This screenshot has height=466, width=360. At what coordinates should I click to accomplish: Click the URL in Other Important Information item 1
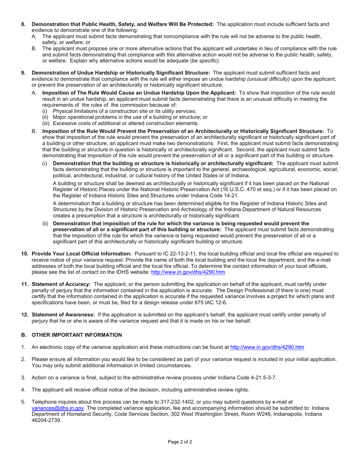pos(267,347)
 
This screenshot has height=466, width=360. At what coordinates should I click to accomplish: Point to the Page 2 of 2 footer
pos(180,442)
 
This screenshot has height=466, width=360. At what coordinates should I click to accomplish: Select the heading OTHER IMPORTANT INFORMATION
pos(77,335)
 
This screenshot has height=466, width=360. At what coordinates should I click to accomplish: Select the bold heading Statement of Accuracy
pos(61,284)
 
